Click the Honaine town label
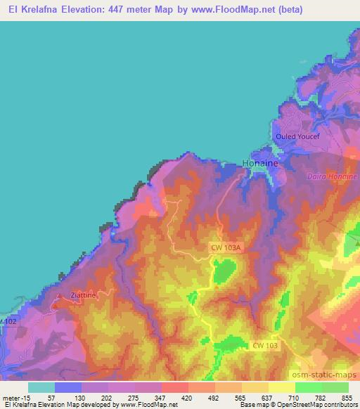tap(260, 163)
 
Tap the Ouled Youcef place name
tap(302, 136)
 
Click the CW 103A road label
tap(226, 247)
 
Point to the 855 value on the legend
tap(349, 397)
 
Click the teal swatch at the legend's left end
tap(41, 387)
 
